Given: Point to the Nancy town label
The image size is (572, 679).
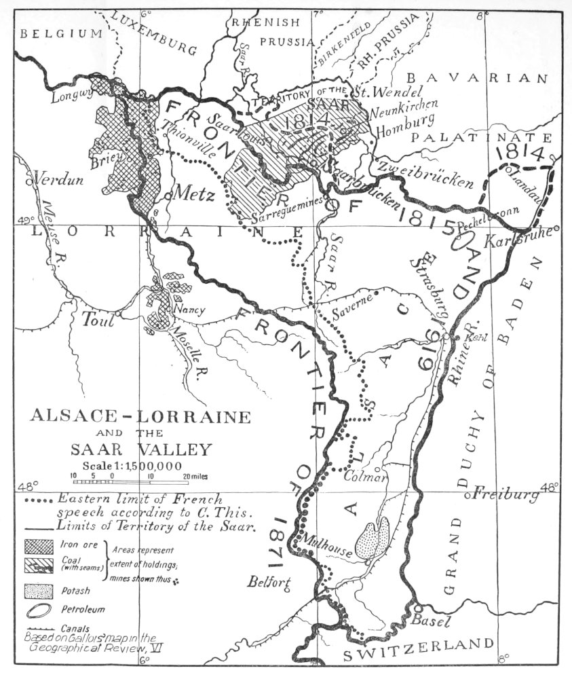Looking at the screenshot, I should tap(189, 309).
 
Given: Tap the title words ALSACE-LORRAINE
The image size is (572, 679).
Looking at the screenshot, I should tap(140, 416).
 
